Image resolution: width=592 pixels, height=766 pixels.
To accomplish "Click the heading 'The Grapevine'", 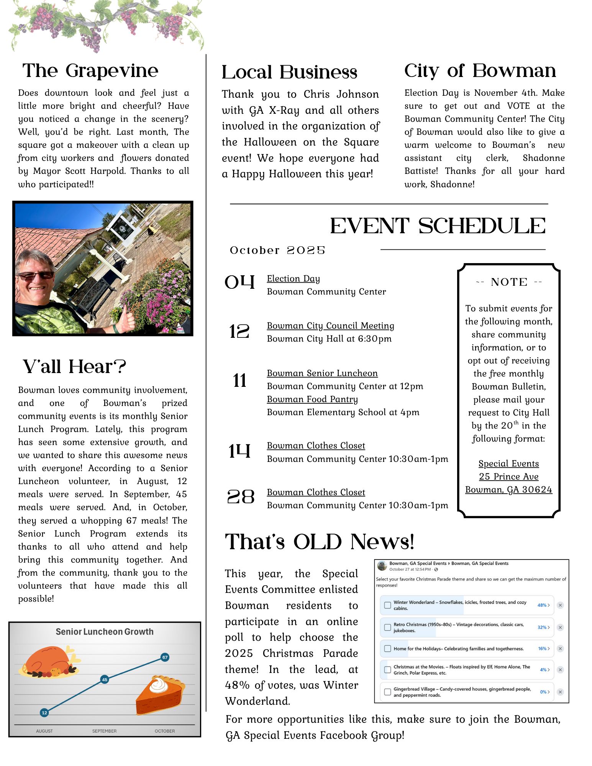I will pos(90,70).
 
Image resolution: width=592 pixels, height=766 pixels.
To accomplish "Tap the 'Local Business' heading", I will pos(289,72).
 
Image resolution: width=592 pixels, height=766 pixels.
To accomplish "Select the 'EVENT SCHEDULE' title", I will pos(438,226).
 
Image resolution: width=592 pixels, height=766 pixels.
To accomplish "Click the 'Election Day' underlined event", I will pos(293,278).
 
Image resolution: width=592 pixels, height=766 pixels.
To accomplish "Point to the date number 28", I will pos(241,497).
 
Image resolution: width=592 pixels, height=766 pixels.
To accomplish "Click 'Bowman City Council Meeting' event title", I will pos(330,326).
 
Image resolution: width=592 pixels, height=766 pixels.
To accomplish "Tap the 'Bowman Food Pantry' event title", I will pos(312,399).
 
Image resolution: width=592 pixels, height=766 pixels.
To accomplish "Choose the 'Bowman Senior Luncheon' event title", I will pos(322,373).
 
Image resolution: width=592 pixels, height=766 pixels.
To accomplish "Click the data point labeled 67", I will pos(165,657).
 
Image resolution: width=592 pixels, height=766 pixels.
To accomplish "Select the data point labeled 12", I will pos(44,713).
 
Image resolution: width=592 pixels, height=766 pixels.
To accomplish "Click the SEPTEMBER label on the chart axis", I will pos(104,731).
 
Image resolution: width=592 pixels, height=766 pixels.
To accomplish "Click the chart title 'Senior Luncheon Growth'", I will pos(105,632).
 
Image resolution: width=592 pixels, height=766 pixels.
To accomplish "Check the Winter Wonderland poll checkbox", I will pos(387,605).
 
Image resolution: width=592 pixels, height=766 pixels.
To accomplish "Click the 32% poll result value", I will pos(542,627).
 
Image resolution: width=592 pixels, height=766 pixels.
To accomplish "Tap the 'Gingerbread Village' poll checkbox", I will pos(387,692).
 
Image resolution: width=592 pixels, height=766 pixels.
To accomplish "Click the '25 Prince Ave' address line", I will pos(508,476).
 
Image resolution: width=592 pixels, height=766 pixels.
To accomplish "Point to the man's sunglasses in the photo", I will pos(36,275).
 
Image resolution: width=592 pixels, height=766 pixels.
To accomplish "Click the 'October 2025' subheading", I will pos(277,250).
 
